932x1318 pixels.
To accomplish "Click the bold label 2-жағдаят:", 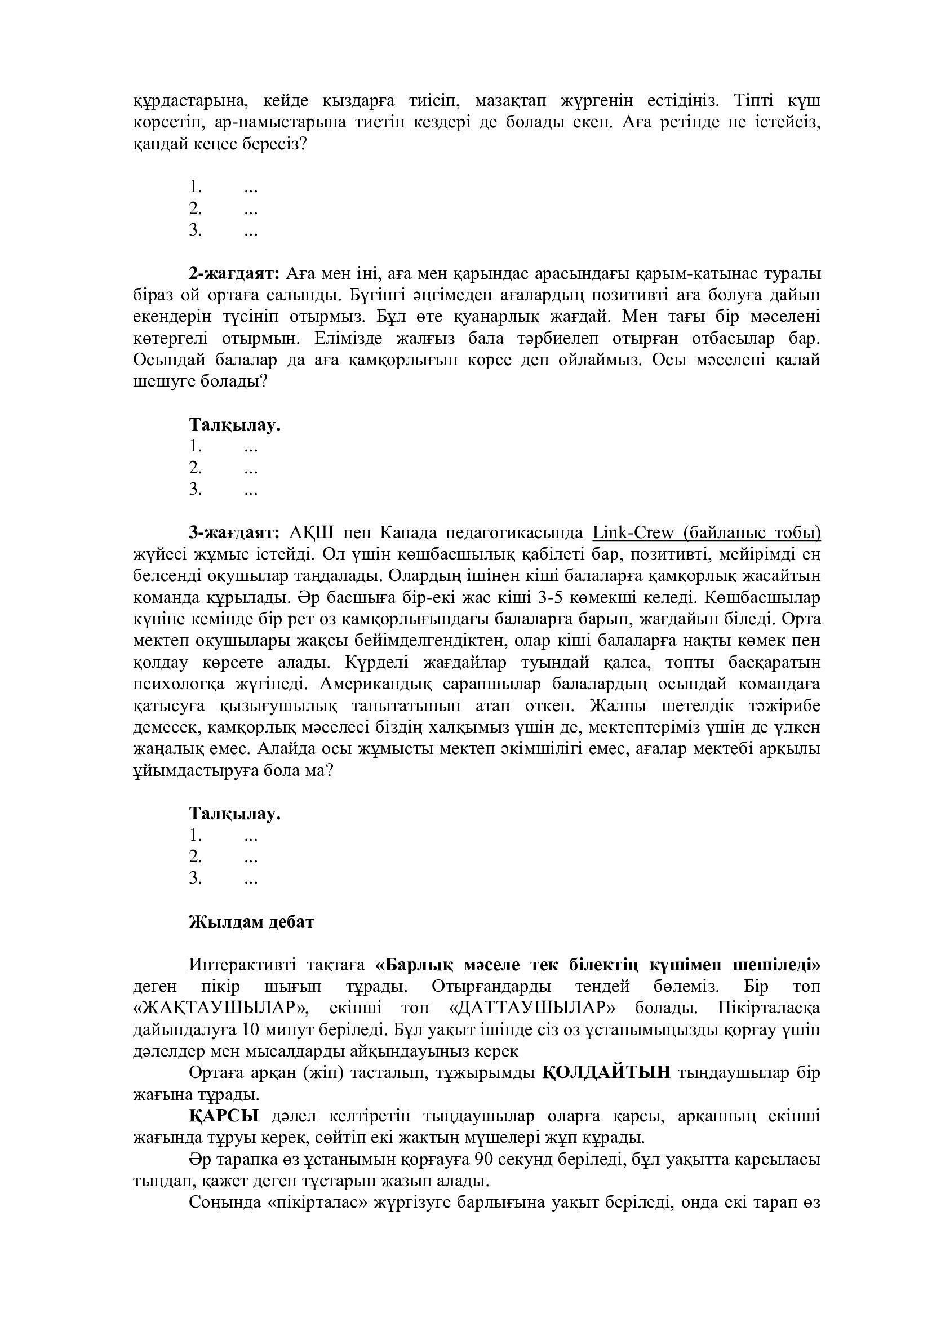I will point(234,274).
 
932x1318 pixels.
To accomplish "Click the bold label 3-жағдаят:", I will point(234,533).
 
